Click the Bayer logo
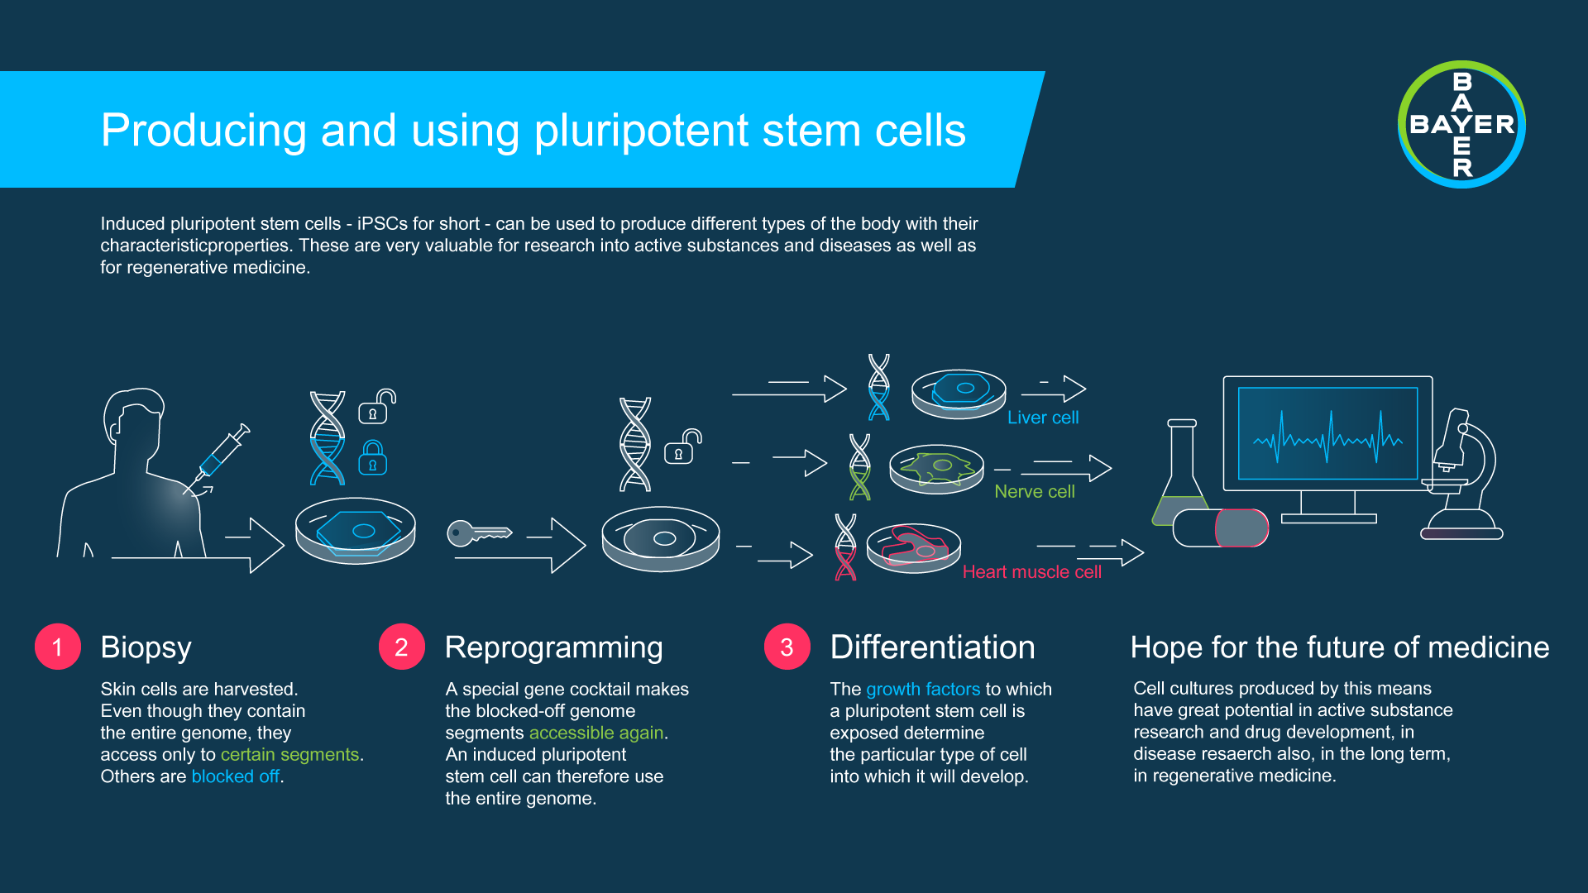(1461, 125)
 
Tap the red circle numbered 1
(57, 647)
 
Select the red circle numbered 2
(401, 647)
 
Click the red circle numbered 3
(787, 647)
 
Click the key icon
(477, 533)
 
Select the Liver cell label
(1042, 418)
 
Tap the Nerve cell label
(1034, 491)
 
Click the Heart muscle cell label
(1031, 572)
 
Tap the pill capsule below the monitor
(1220, 528)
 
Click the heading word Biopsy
(146, 647)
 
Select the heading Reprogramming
(553, 647)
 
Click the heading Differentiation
(932, 647)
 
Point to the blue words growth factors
(922, 689)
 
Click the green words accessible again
(596, 733)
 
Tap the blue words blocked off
(235, 776)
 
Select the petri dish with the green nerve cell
(936, 470)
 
